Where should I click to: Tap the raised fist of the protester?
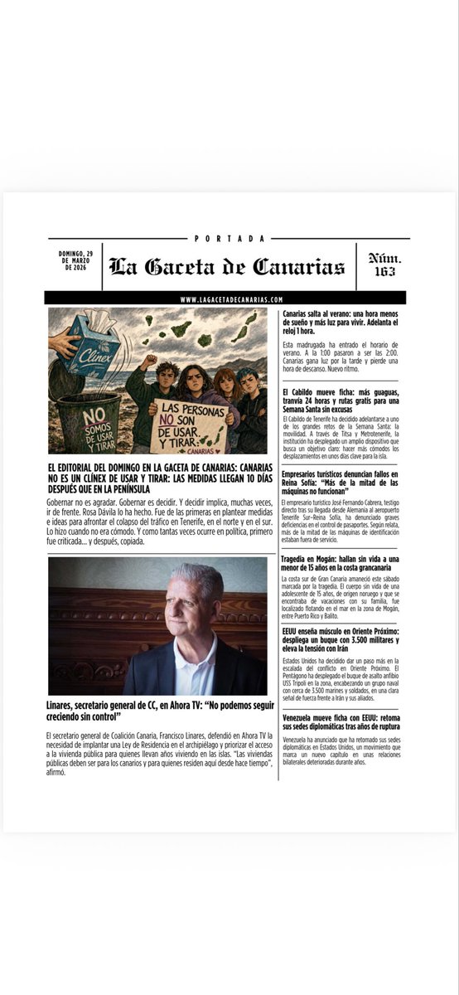(150, 362)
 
